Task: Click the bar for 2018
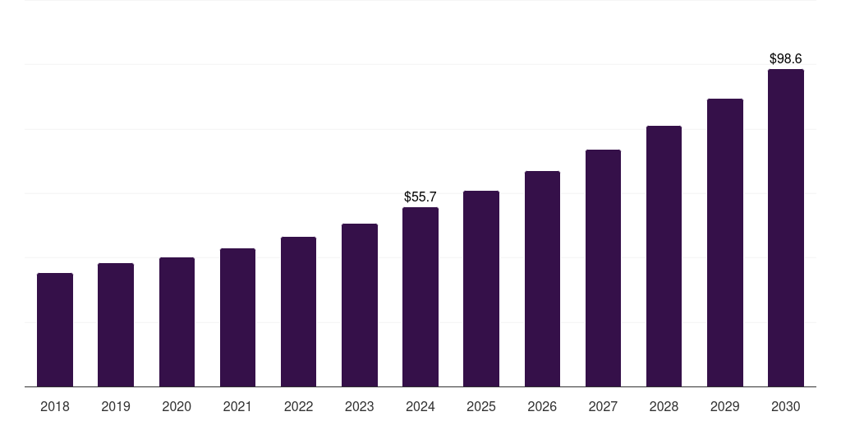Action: (55, 330)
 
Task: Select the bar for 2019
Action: (116, 325)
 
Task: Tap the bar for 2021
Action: (237, 317)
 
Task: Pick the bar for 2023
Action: (360, 305)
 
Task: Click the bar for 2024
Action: (420, 297)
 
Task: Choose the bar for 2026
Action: (542, 279)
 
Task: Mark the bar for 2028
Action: (664, 256)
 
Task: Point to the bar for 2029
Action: (724, 243)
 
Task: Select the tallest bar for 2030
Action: (785, 228)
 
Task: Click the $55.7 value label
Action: (420, 197)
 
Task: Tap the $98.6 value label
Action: (785, 59)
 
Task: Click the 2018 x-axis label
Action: (55, 407)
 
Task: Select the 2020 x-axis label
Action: (177, 407)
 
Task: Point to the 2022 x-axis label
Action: (298, 407)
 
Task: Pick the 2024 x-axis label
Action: (420, 407)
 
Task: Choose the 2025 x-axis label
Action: (481, 407)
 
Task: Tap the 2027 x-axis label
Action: (603, 407)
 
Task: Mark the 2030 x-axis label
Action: (785, 407)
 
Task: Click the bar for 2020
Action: (177, 322)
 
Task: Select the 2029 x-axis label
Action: (724, 407)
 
